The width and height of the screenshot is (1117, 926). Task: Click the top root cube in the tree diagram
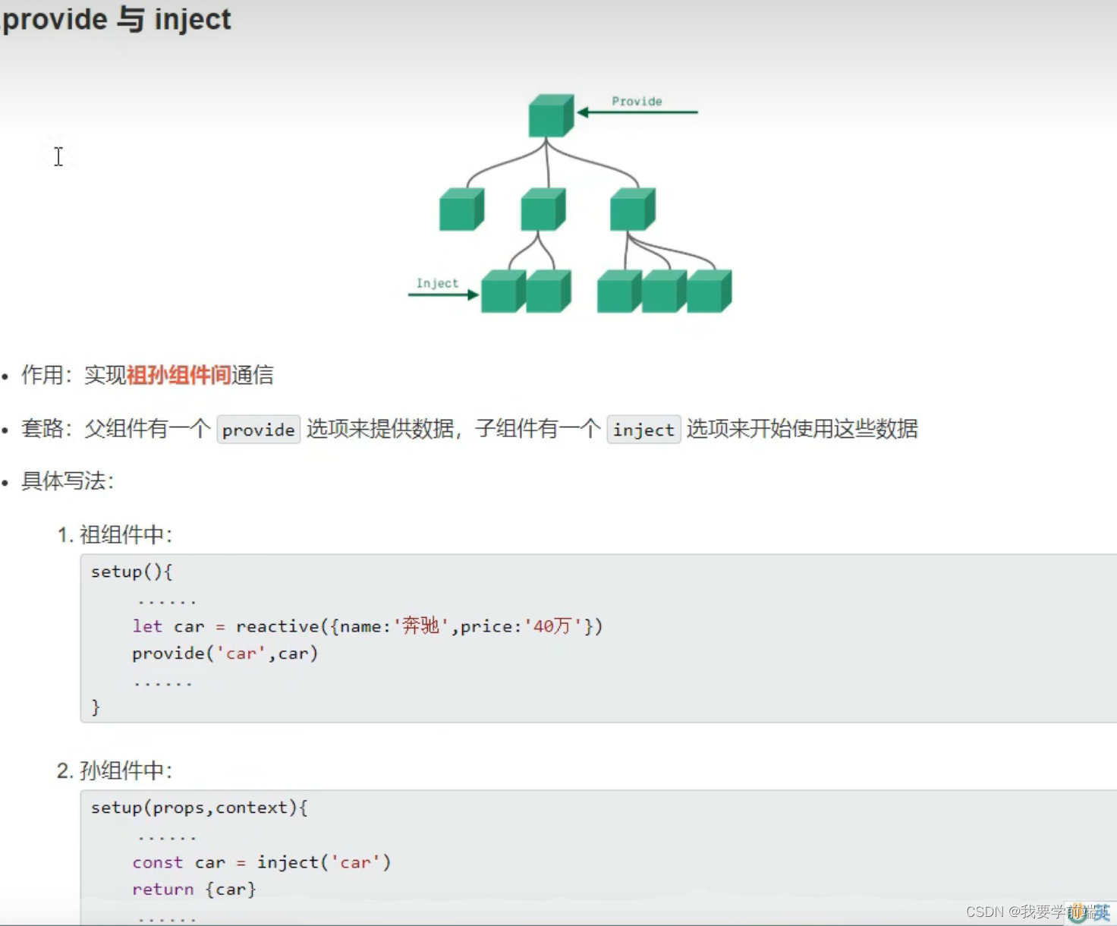[x=550, y=116]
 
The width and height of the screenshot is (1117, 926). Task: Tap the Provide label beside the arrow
[x=637, y=101]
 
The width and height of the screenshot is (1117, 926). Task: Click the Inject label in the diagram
[x=437, y=283]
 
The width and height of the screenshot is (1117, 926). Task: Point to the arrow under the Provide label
[x=637, y=112]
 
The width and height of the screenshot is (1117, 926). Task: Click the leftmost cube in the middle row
[x=461, y=210]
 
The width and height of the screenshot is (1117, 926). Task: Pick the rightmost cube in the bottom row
[x=708, y=291]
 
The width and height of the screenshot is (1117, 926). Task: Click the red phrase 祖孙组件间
[x=178, y=375]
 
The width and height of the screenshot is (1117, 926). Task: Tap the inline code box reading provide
[x=258, y=430]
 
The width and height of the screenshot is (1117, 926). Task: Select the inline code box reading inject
[x=643, y=430]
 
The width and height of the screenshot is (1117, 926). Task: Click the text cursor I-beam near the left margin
[x=58, y=156]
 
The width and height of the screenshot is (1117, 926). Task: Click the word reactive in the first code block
[x=278, y=626]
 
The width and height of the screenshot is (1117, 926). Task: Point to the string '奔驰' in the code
[x=420, y=626]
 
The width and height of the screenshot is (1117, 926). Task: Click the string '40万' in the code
[x=552, y=626]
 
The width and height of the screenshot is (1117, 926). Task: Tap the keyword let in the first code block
[x=147, y=626]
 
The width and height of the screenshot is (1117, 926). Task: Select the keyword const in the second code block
[x=157, y=862]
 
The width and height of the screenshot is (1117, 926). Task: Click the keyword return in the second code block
[x=162, y=889]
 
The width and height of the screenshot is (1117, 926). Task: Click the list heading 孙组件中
[x=125, y=771]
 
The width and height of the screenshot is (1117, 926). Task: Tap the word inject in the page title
[x=193, y=19]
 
